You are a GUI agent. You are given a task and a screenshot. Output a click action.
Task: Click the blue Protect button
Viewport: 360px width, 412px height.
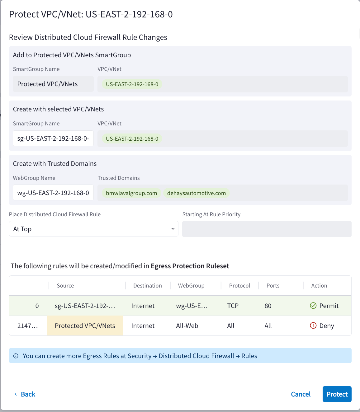[x=337, y=394]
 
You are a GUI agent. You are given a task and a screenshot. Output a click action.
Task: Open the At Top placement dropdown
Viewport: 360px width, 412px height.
[x=93, y=229]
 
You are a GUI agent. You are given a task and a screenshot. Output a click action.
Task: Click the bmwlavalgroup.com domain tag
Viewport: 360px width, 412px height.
[x=131, y=193]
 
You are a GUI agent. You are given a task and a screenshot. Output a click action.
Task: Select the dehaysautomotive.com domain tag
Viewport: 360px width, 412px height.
[x=196, y=193]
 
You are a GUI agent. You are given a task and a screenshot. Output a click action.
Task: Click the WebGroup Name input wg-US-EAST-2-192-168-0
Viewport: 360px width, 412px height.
[x=53, y=193]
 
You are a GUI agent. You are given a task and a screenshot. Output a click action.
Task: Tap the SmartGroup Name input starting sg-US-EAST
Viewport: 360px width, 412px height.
[x=53, y=138]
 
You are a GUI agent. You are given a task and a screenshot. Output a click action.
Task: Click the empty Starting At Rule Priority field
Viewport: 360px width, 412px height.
[x=267, y=229]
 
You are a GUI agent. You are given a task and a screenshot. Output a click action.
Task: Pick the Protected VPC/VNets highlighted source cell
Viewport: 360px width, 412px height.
[x=85, y=326]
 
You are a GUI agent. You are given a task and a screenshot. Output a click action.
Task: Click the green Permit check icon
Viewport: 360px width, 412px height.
[x=313, y=306]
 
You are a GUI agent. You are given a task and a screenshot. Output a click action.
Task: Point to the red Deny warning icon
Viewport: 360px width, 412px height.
[x=313, y=325]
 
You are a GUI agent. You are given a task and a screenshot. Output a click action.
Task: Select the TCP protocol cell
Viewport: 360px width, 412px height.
[x=233, y=306]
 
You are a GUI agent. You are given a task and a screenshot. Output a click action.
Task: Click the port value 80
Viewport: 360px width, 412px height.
[x=268, y=306]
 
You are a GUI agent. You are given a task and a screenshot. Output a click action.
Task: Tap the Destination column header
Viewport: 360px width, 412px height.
[x=147, y=286]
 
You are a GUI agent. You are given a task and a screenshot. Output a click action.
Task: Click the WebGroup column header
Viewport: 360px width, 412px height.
[x=191, y=286]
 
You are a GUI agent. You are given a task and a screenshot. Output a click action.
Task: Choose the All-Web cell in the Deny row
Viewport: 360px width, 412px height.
[x=187, y=326]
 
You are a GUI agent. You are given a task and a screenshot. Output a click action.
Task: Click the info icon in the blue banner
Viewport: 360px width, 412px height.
[x=16, y=356]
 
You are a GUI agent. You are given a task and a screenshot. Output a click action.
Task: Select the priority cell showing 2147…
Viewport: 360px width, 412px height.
[x=28, y=326]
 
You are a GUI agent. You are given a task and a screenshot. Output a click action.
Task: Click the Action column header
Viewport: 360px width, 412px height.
[x=319, y=286]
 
